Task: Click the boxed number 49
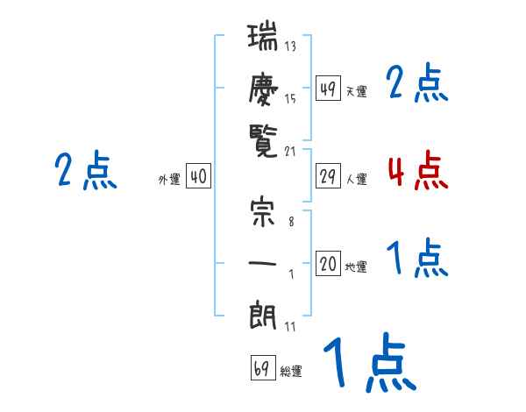(x=328, y=88)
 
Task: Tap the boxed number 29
(x=328, y=176)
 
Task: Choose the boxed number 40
(x=198, y=176)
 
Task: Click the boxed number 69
(x=261, y=367)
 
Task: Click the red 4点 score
(x=417, y=170)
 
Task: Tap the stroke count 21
(x=290, y=152)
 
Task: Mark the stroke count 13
(x=290, y=46)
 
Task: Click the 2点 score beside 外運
(x=85, y=170)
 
